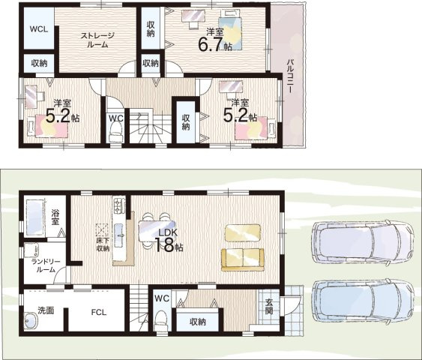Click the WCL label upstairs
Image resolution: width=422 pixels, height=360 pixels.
pyautogui.click(x=39, y=29)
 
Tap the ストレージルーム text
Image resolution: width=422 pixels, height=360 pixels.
pyautogui.click(x=97, y=40)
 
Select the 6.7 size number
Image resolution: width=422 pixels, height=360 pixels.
pyautogui.click(x=211, y=44)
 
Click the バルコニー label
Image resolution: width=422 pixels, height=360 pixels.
pyautogui.click(x=290, y=76)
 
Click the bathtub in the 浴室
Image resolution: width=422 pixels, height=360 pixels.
pyautogui.click(x=35, y=216)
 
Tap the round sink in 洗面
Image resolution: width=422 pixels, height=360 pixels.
pyautogui.click(x=31, y=320)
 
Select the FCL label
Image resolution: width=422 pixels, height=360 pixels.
pyautogui.click(x=98, y=312)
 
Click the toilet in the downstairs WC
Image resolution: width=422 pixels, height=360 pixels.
pyautogui.click(x=162, y=320)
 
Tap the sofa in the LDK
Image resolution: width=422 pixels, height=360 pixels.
pyautogui.click(x=243, y=259)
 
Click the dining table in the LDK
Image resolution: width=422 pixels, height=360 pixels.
pyautogui.click(x=157, y=231)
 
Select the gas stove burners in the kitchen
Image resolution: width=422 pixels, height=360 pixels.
pyautogui.click(x=119, y=205)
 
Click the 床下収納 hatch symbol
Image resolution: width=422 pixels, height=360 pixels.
pyautogui.click(x=102, y=230)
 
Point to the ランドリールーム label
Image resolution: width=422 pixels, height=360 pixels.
pyautogui.click(x=46, y=265)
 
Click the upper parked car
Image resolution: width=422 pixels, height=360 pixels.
pyautogui.click(x=363, y=241)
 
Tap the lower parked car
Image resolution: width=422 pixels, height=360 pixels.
pyautogui.click(x=363, y=301)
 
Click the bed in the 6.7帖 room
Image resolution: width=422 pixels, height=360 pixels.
pyautogui.click(x=230, y=30)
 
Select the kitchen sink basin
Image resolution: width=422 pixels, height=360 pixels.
pyautogui.click(x=118, y=235)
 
